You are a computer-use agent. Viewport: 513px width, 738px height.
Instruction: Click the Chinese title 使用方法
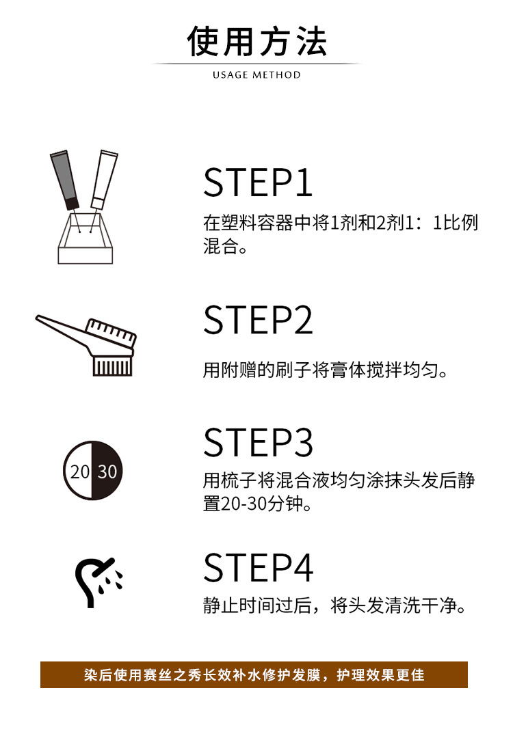click(256, 42)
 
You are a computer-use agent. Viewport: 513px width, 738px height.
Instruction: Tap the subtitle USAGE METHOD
click(256, 74)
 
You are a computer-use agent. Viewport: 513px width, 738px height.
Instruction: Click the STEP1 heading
click(258, 182)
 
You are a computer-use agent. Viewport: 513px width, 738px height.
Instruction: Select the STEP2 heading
click(258, 320)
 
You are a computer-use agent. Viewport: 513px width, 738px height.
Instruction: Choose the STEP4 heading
click(258, 567)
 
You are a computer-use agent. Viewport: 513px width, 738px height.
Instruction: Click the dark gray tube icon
click(64, 180)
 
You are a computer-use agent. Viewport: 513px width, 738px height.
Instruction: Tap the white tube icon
click(103, 178)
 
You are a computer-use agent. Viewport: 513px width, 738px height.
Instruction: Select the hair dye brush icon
click(89, 345)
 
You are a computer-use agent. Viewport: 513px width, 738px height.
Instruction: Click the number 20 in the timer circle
click(80, 471)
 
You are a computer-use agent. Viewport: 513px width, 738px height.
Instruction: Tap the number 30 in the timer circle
click(107, 471)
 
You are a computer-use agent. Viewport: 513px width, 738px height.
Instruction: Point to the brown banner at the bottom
click(254, 674)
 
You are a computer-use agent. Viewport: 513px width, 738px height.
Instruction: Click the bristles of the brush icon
click(111, 366)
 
